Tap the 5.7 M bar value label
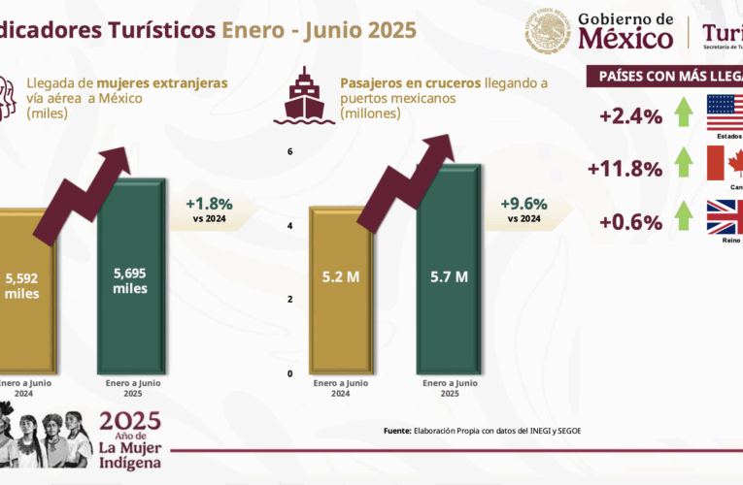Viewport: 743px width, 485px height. tap(449, 276)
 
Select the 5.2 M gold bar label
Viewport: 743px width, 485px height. tap(341, 276)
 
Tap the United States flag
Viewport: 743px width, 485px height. tap(725, 113)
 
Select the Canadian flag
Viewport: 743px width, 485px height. tap(725, 164)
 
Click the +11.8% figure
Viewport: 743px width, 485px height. tap(625, 169)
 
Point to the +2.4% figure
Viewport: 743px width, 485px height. tap(631, 116)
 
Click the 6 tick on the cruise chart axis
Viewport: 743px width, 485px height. tap(289, 151)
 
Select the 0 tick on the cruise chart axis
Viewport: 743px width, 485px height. tap(289, 373)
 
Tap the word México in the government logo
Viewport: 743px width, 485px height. tap(625, 39)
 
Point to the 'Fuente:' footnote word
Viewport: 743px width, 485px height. tap(396, 431)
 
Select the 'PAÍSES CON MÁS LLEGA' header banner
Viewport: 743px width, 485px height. tap(665, 77)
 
